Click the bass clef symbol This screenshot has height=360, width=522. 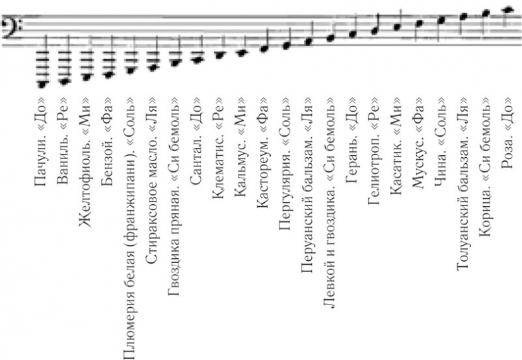(x=12, y=26)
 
